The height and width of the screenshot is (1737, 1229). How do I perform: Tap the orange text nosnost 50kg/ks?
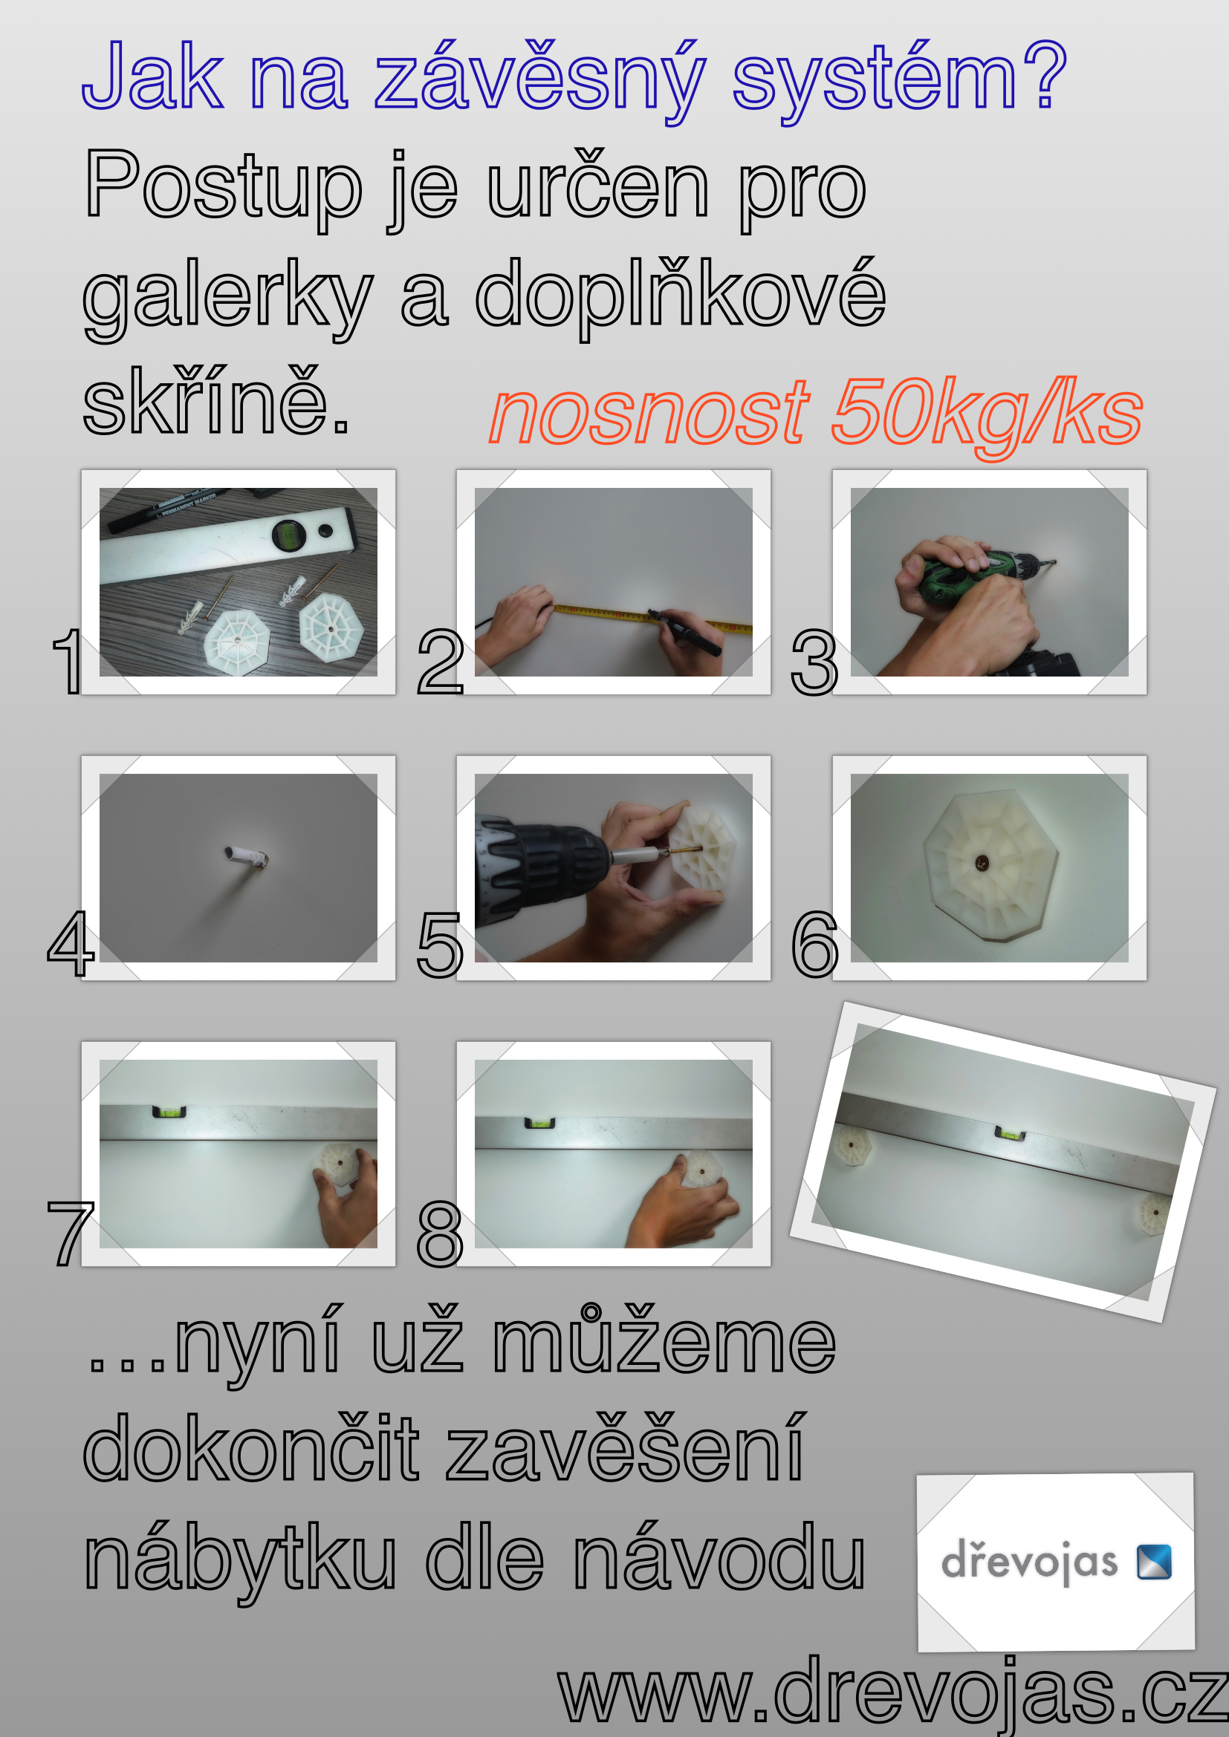click(x=816, y=415)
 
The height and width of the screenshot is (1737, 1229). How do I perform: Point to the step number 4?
click(x=71, y=943)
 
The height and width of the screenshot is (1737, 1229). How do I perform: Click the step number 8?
click(x=440, y=1234)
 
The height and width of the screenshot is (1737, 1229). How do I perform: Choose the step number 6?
click(x=815, y=944)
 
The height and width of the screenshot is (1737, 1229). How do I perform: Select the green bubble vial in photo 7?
click(x=169, y=1112)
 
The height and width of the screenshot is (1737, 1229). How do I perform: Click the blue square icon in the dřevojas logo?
click(x=1154, y=1562)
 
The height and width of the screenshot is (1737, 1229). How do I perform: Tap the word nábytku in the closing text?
click(x=240, y=1562)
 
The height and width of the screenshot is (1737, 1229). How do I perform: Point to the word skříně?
click(x=216, y=402)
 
